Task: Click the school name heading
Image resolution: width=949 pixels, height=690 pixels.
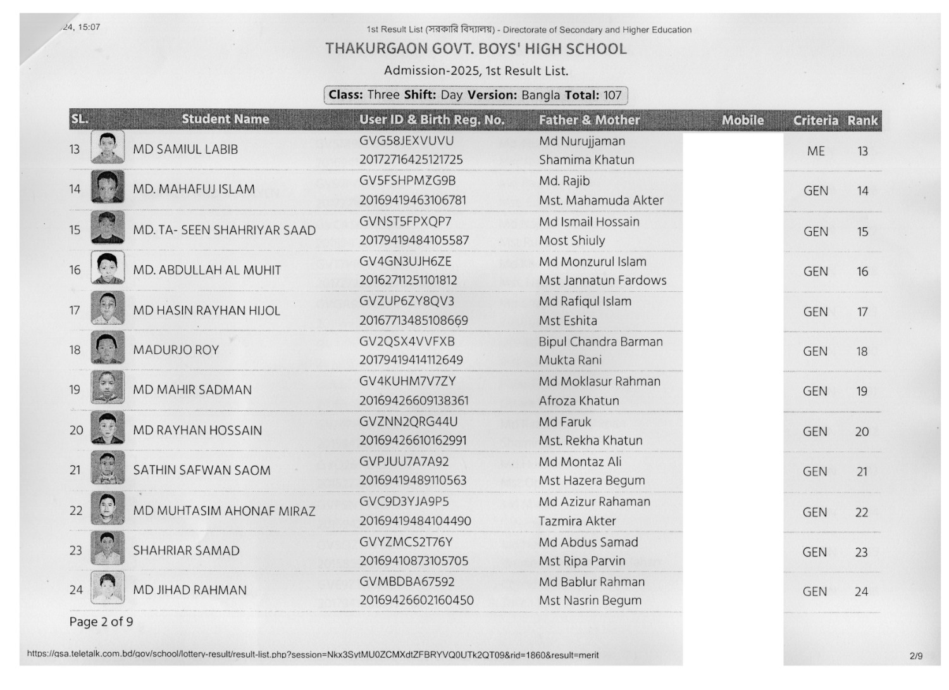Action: pyautogui.click(x=476, y=49)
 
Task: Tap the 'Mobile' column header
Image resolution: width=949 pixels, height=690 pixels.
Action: pyautogui.click(x=743, y=120)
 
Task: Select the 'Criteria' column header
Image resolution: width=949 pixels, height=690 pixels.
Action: pyautogui.click(x=816, y=120)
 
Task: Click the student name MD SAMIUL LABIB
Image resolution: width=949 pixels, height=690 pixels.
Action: pyautogui.click(x=185, y=150)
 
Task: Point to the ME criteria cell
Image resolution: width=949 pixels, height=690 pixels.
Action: pyautogui.click(x=816, y=151)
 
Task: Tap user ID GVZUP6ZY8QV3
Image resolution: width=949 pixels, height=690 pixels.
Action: pyautogui.click(x=407, y=301)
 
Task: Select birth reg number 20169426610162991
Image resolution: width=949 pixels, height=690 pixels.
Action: pyautogui.click(x=412, y=441)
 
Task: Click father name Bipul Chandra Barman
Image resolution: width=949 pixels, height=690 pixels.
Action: pyautogui.click(x=600, y=342)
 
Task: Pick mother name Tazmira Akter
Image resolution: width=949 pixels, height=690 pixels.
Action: pyautogui.click(x=577, y=521)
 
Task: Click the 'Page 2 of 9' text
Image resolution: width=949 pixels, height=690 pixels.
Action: pyautogui.click(x=101, y=622)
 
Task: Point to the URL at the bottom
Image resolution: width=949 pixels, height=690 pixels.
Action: pyautogui.click(x=313, y=655)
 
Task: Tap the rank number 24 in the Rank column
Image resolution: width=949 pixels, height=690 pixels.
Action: pyautogui.click(x=861, y=592)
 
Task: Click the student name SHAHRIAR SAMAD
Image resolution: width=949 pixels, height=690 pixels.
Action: pyautogui.click(x=186, y=551)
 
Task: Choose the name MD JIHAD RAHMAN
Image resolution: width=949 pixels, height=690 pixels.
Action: pyautogui.click(x=190, y=591)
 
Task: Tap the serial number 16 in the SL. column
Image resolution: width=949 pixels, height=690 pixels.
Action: pyautogui.click(x=75, y=270)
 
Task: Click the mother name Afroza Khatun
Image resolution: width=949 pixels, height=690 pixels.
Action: pyautogui.click(x=579, y=401)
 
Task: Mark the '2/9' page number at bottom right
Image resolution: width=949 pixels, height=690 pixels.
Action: pyautogui.click(x=915, y=656)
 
